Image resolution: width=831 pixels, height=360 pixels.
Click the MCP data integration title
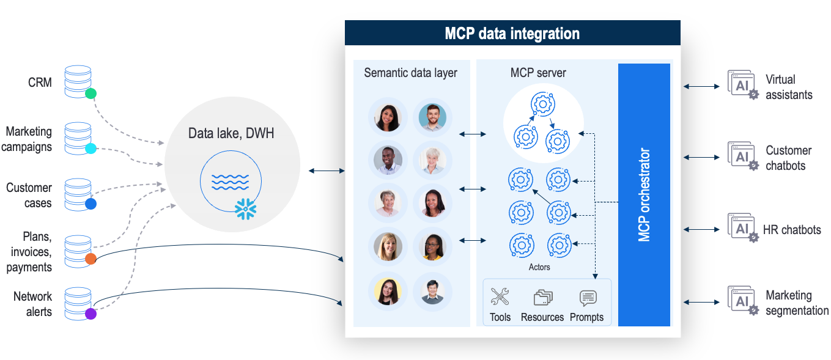512,33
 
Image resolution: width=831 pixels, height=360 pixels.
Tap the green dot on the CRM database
90,94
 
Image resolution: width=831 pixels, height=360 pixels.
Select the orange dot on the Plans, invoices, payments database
90,259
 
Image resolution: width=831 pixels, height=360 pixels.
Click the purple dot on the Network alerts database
90,314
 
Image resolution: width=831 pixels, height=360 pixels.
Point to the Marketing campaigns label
29,139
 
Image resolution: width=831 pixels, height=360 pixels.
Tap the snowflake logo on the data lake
246,209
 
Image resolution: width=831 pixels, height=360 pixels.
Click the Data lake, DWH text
231,133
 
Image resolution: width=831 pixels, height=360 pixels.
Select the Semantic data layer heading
410,73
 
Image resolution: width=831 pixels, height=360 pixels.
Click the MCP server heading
538,73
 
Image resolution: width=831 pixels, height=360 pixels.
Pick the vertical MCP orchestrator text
644,194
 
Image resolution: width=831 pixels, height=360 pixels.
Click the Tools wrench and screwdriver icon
500,297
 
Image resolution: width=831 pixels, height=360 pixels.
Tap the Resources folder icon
542,298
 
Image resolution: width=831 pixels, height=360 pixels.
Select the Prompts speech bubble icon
588,298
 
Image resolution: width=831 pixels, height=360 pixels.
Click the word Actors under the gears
539,267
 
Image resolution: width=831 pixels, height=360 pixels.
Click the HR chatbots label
792,230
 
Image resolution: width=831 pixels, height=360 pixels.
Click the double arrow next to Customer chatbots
701,158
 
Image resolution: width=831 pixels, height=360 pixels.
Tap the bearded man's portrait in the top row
432,116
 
